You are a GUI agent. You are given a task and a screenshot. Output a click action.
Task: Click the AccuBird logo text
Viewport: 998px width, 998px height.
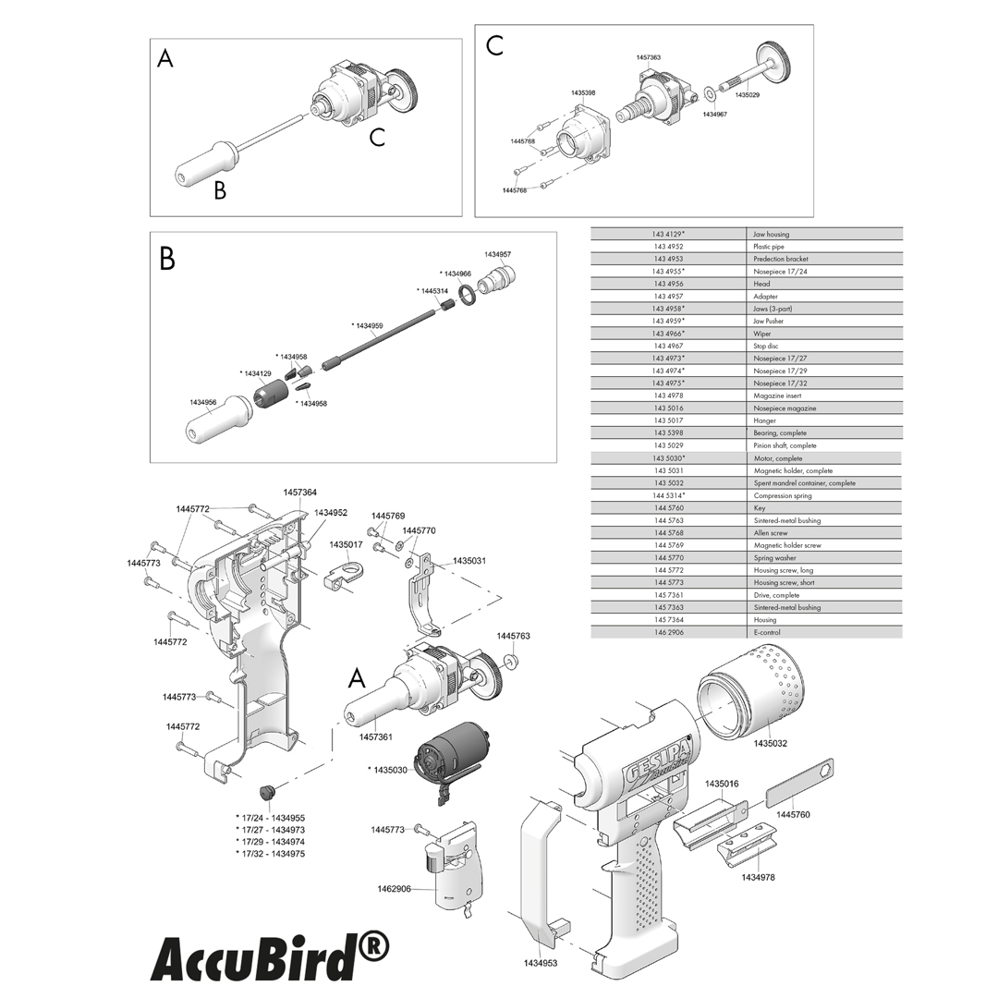[269, 958]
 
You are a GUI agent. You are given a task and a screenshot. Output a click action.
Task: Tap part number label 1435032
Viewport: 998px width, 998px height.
[770, 743]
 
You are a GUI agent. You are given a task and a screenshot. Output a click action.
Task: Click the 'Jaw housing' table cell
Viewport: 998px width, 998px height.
[772, 234]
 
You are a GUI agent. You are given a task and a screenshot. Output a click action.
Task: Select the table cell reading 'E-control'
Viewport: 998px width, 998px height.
[768, 632]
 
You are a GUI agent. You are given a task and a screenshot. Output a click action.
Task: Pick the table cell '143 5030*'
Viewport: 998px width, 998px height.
[669, 458]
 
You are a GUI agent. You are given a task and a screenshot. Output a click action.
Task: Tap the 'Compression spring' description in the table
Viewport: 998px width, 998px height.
[783, 495]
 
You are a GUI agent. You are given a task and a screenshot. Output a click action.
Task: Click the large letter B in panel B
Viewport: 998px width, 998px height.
[167, 260]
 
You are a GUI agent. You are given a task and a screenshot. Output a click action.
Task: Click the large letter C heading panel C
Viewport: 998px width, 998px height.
[495, 46]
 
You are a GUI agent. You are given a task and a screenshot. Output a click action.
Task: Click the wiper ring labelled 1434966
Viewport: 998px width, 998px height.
[469, 294]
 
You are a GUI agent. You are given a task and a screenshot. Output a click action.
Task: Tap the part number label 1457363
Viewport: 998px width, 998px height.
[648, 57]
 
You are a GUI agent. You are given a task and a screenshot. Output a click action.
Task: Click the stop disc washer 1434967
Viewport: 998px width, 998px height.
[710, 92]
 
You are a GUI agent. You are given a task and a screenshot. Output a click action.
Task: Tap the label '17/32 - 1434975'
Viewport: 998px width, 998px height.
[271, 854]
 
